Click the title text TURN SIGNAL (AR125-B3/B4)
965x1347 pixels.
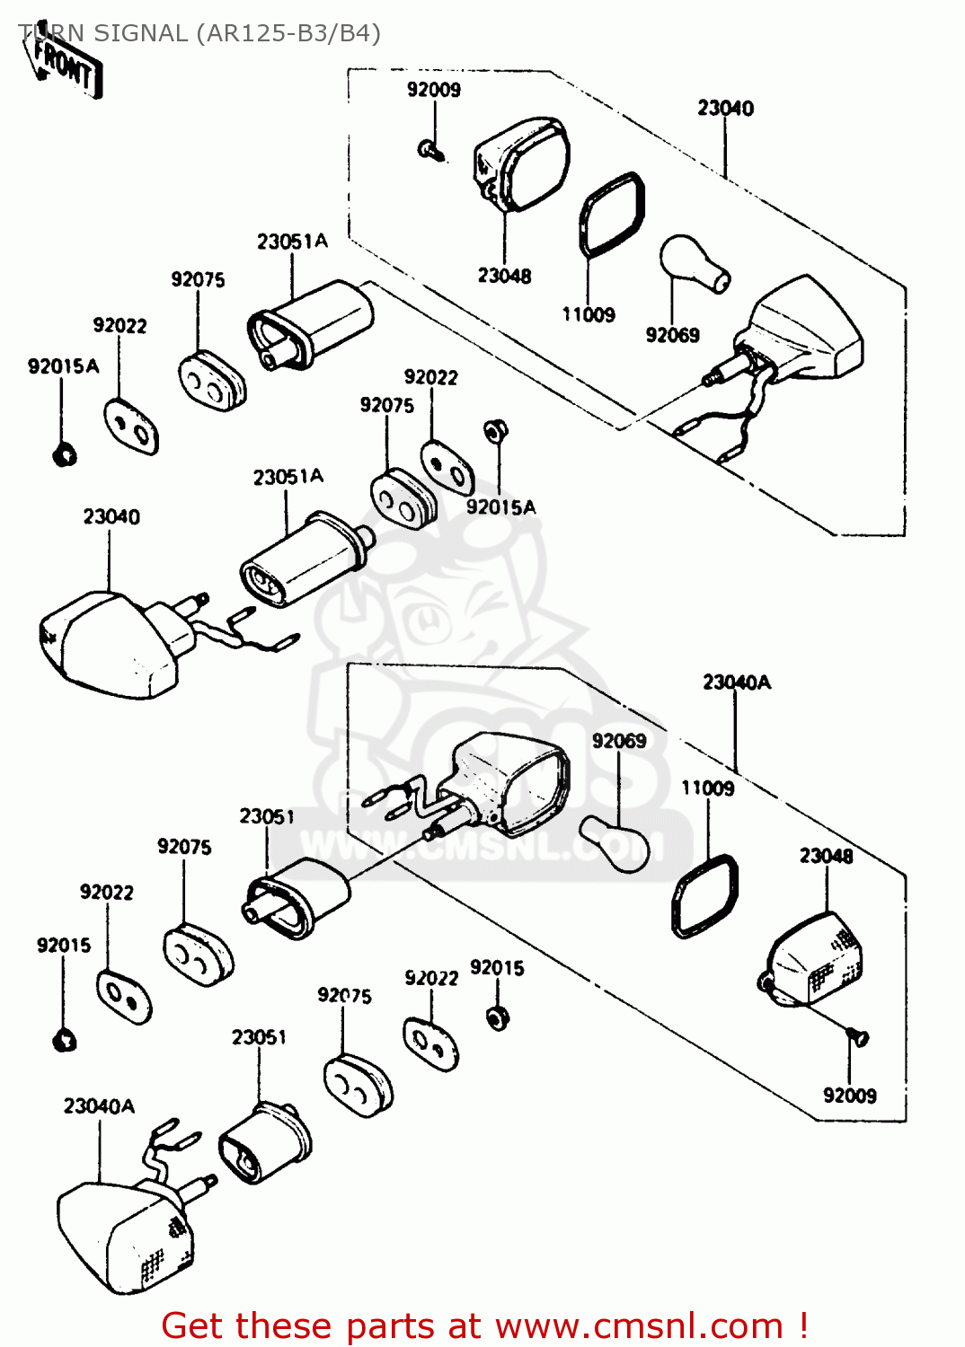coord(199,33)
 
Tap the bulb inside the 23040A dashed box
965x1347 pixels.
coord(615,842)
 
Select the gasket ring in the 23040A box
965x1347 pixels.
coord(706,895)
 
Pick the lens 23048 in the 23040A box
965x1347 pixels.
coord(812,959)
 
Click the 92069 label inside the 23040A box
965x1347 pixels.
coord(619,741)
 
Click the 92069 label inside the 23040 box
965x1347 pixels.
coord(672,335)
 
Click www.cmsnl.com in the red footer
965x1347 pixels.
coord(639,1325)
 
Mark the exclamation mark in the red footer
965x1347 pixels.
coord(802,1325)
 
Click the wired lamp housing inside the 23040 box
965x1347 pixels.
coord(800,332)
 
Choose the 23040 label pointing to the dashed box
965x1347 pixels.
coord(725,109)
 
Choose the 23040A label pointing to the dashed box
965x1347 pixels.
coord(737,682)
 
